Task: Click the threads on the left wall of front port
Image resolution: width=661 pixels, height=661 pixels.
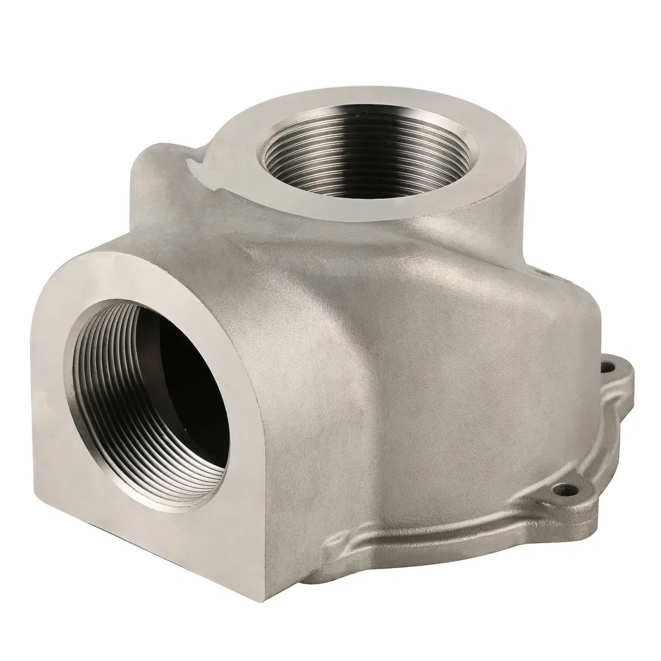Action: click(x=94, y=387)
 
